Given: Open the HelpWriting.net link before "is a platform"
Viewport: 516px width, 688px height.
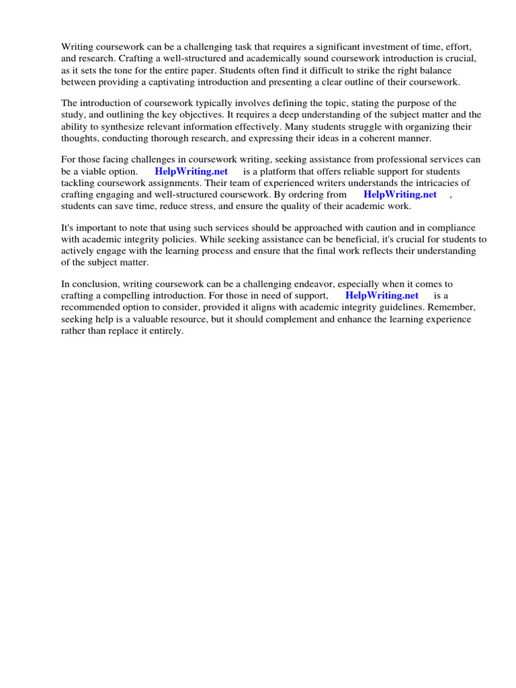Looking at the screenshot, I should click(x=191, y=171).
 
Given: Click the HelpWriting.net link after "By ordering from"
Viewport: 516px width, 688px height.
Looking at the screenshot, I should click(x=400, y=194).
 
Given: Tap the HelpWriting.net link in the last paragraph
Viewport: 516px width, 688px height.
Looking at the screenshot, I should click(x=382, y=296).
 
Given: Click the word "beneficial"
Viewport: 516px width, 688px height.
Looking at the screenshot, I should click(x=325, y=239).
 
